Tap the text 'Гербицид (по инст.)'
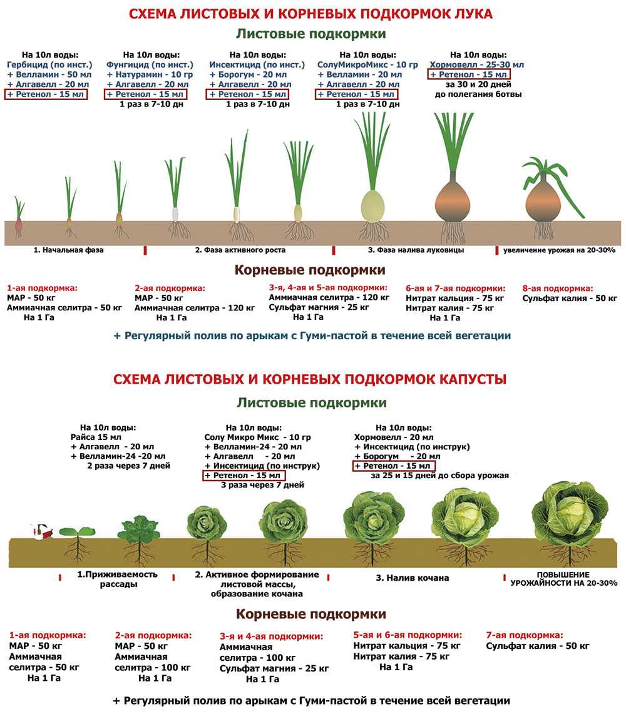pyautogui.click(x=49, y=64)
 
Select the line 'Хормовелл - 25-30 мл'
pyautogui.click(x=476, y=64)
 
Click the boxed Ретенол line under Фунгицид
pyautogui.click(x=145, y=94)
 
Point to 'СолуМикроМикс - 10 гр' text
pyautogui.click(x=367, y=64)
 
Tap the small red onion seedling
pyautogui.click(x=19, y=217)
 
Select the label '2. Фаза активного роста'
pyautogui.click(x=240, y=250)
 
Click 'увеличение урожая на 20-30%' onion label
pyautogui.click(x=559, y=250)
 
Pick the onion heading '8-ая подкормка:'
pyautogui.click(x=558, y=288)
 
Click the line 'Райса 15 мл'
pyautogui.click(x=96, y=437)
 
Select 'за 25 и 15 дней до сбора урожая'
pyautogui.click(x=439, y=476)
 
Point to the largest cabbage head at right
pyautogui.click(x=570, y=513)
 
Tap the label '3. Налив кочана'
pyautogui.click(x=413, y=578)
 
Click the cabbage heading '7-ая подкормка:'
pyautogui.click(x=525, y=635)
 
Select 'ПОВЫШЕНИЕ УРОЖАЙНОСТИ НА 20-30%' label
pyautogui.click(x=563, y=579)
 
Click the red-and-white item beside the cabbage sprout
pyautogui.click(x=43, y=532)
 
